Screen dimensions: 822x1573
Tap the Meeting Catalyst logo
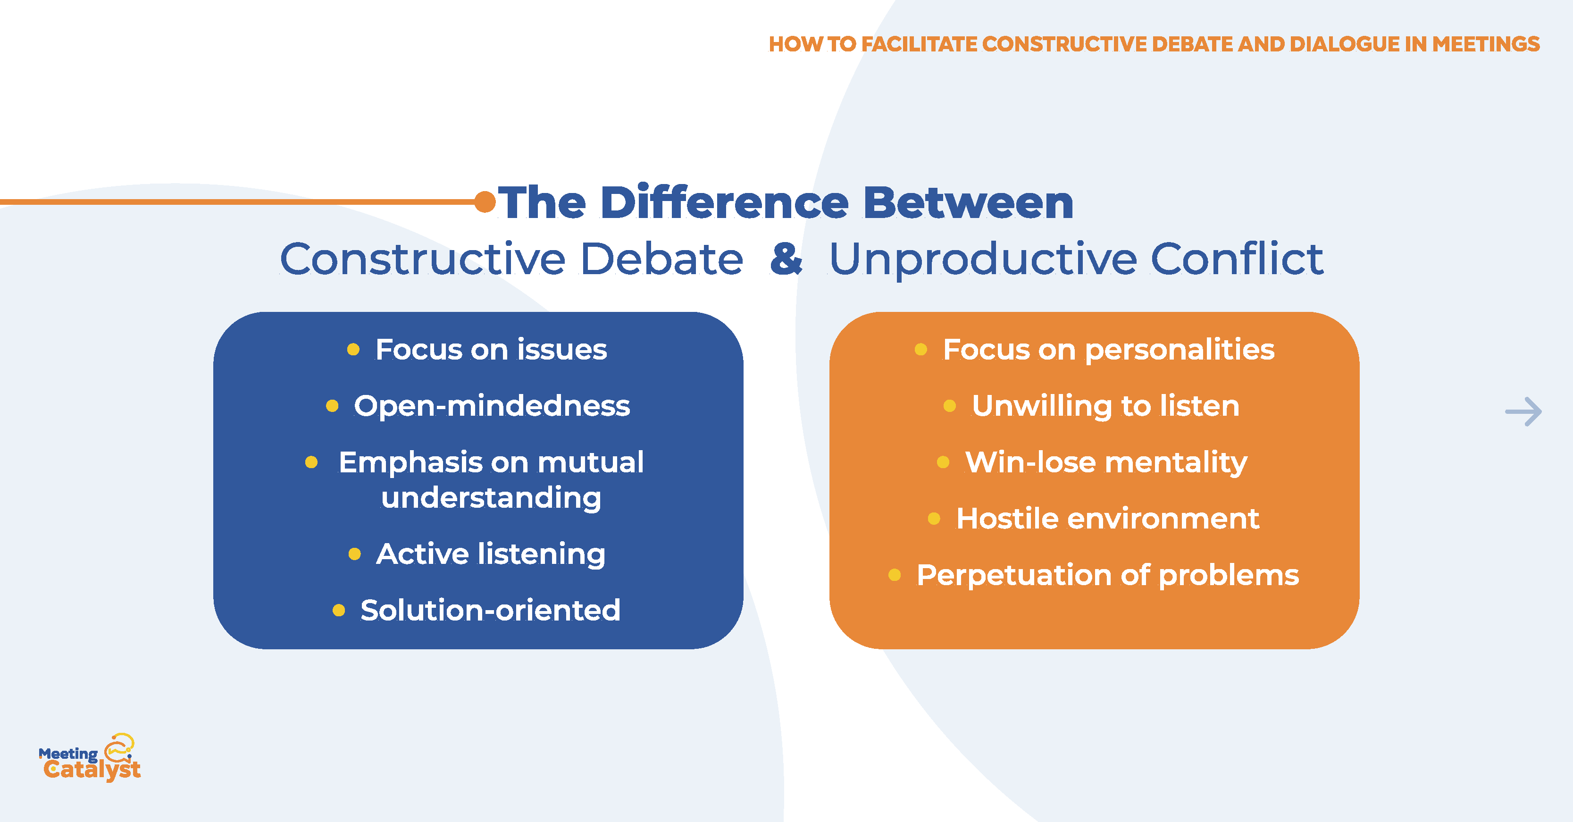tap(90, 758)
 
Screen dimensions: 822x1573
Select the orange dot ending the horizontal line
tap(485, 201)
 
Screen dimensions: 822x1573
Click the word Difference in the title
tap(724, 203)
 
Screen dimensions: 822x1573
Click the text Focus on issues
tap(491, 350)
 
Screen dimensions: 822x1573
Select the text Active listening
tap(490, 554)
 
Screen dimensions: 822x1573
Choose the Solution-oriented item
tap(490, 611)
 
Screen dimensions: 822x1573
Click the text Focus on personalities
tap(1108, 350)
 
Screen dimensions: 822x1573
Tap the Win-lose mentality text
tap(1106, 462)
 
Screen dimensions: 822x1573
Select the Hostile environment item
tap(1107, 519)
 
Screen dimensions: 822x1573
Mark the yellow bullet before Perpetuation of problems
tap(895, 575)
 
